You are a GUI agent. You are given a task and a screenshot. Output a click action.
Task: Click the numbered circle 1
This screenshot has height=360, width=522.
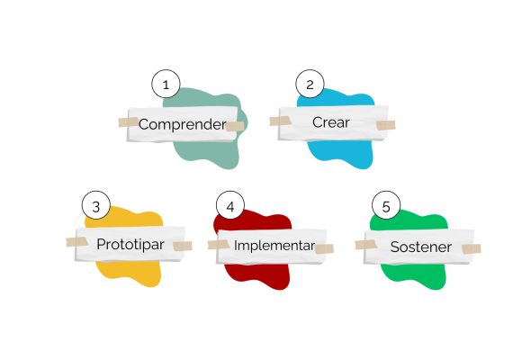pyautogui.click(x=166, y=84)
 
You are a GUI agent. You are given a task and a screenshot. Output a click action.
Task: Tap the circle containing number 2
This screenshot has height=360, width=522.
pyautogui.click(x=310, y=84)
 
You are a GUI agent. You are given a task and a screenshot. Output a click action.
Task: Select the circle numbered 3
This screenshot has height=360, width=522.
pyautogui.click(x=96, y=205)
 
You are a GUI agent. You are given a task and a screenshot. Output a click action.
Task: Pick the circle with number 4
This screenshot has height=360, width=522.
pyautogui.click(x=230, y=205)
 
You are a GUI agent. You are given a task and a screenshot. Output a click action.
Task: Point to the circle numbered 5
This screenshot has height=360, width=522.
pyautogui.click(x=386, y=205)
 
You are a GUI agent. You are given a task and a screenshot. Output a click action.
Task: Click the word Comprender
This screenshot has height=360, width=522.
pyautogui.click(x=183, y=124)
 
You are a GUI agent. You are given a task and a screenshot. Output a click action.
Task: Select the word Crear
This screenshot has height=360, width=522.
pyautogui.click(x=331, y=122)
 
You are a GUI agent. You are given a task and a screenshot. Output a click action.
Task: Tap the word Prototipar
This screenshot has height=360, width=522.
pyautogui.click(x=130, y=245)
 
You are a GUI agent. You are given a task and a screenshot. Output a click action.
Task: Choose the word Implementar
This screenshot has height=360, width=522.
pyautogui.click(x=274, y=246)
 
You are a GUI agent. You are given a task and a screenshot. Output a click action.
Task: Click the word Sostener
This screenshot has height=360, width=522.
pyautogui.click(x=421, y=247)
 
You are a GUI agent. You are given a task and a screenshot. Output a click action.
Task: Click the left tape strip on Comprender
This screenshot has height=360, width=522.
pyautogui.click(x=129, y=121)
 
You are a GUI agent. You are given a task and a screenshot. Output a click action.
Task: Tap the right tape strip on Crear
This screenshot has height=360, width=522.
pyautogui.click(x=386, y=125)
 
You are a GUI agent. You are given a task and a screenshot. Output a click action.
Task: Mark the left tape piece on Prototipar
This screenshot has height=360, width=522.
pyautogui.click(x=76, y=242)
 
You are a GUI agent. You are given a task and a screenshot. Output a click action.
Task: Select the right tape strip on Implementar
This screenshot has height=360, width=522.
pyautogui.click(x=324, y=248)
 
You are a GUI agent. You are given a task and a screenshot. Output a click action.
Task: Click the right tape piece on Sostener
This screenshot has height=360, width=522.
pyautogui.click(x=472, y=248)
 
